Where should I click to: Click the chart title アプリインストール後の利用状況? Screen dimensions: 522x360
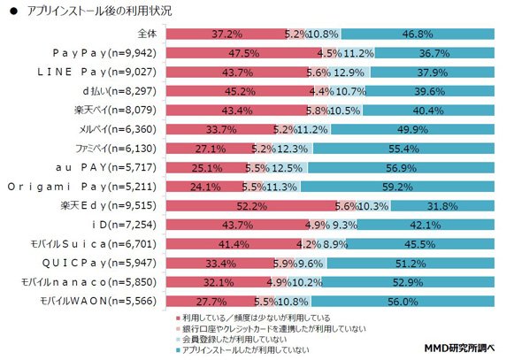pos(100,11)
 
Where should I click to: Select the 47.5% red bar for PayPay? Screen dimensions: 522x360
pos(244,53)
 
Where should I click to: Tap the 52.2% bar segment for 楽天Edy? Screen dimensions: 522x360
pos(252,206)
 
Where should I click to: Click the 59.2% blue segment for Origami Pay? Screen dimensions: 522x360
pos(397,187)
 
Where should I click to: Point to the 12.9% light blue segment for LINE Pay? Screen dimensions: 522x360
pos(350,73)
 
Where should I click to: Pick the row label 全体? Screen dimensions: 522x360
pos(147,34)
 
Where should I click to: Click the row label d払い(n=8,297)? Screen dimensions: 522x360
pos(119,91)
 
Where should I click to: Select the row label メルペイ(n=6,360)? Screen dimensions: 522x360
pos(117,129)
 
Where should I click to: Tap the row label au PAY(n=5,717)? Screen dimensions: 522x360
pos(106,167)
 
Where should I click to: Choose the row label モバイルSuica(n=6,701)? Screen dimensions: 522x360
pos(93,244)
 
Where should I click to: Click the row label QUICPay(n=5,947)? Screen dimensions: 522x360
pos(99,264)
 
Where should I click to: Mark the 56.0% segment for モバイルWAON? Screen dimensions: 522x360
pos(403,302)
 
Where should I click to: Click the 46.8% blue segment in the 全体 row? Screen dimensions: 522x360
pos(418,34)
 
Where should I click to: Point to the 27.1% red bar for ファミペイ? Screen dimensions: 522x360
pos(211,149)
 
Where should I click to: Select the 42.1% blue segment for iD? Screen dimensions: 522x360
pos(426,225)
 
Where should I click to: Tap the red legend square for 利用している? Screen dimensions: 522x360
pos(178,318)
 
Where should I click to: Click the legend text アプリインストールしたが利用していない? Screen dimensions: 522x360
pos(245,349)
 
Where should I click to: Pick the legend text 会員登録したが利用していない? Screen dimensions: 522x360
pos(234,340)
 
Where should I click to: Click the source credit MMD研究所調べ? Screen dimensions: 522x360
pos(459,348)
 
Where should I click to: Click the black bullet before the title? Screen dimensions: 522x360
pos(13,11)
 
